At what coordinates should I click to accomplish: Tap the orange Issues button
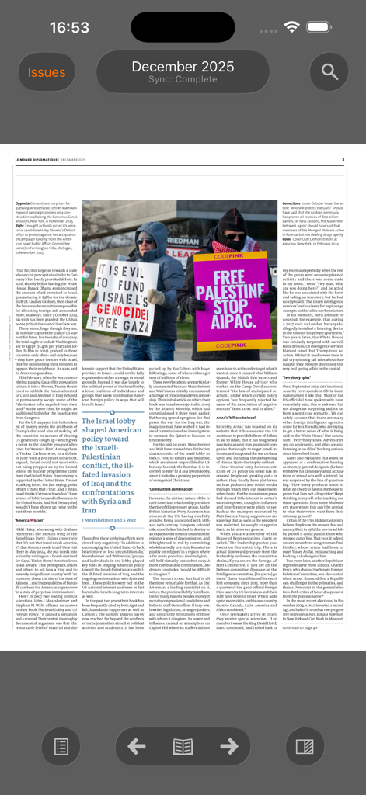pos(47,72)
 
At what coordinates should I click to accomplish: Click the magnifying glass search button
pos(329,72)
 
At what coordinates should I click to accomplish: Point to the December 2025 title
pos(183,66)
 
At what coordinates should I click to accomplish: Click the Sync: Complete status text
pos(183,79)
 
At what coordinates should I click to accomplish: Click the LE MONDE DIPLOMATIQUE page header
pos(51,160)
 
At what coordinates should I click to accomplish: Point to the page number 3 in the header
pos(343,160)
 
